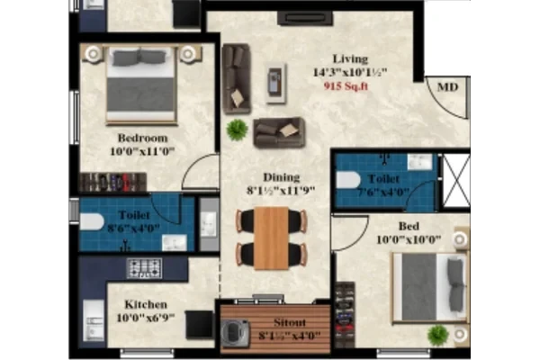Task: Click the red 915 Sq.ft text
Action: (x=346, y=85)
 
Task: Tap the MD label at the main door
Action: (x=447, y=86)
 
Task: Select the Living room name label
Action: (x=350, y=58)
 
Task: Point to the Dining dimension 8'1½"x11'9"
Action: (x=281, y=191)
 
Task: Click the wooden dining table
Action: (x=272, y=238)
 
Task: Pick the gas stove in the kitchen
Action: (x=144, y=268)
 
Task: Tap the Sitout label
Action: (x=290, y=322)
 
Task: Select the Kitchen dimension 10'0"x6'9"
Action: (x=146, y=318)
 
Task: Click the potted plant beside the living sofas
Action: (x=237, y=130)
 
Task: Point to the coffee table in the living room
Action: (x=276, y=83)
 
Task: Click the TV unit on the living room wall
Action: (x=305, y=18)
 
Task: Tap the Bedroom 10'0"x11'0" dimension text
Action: (x=142, y=151)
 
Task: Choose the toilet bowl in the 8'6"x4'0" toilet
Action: (x=92, y=222)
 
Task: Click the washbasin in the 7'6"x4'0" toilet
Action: (x=419, y=162)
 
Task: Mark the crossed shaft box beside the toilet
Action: (x=456, y=181)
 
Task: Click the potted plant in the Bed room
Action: (x=438, y=335)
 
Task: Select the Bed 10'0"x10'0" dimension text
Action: (x=409, y=239)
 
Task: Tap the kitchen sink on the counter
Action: (x=94, y=320)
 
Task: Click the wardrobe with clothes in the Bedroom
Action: (x=113, y=182)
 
